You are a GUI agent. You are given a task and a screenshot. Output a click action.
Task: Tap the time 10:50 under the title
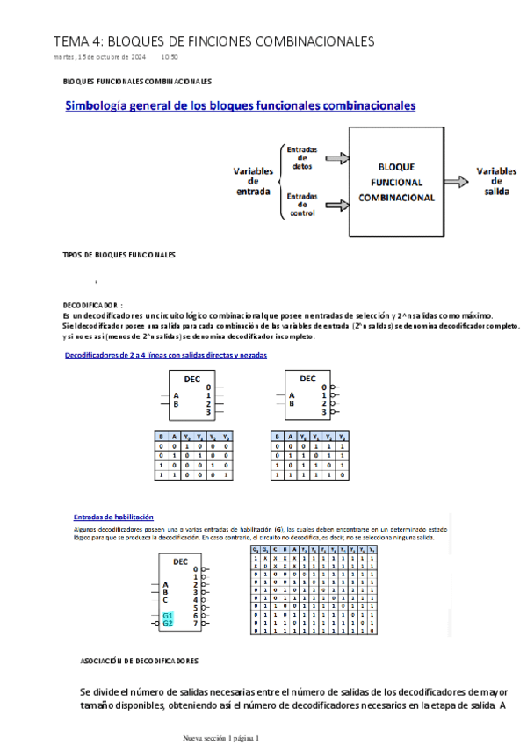[170, 57]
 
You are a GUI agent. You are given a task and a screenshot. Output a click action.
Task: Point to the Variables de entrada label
[253, 181]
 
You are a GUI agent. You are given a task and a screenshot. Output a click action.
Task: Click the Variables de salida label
[496, 181]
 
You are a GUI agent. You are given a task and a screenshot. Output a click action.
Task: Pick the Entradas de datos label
[302, 157]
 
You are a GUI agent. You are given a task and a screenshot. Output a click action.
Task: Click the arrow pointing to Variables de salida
[456, 181]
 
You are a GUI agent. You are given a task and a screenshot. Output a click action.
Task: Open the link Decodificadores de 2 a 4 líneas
[167, 355]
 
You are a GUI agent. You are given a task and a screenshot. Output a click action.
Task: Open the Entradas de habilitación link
[113, 517]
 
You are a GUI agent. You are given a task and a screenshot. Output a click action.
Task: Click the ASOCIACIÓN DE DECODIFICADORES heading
[139, 661]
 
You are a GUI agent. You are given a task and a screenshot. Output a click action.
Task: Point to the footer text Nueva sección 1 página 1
[220, 738]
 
